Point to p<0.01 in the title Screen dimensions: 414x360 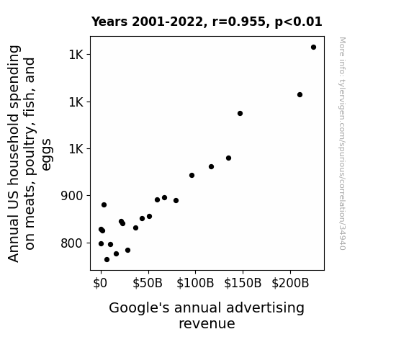point(298,22)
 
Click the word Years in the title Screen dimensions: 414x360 point(109,22)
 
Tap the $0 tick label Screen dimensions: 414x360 point(100,283)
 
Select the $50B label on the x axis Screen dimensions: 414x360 point(148,283)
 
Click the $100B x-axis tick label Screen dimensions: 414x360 point(195,283)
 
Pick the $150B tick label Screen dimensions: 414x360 point(243,283)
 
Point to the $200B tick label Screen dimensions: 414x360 point(290,283)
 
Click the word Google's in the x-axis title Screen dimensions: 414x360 point(139,308)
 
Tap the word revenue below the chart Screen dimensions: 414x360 point(207,324)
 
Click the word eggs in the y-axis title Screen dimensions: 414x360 point(47,155)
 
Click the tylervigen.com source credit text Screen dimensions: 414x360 point(342,143)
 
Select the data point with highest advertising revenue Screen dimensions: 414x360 point(313,48)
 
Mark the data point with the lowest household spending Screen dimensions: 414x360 point(107,260)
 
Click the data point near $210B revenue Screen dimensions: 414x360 point(300,94)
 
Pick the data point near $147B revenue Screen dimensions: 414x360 point(240,113)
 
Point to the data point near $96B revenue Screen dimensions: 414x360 point(192,176)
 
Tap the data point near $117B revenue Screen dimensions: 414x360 point(211,166)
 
